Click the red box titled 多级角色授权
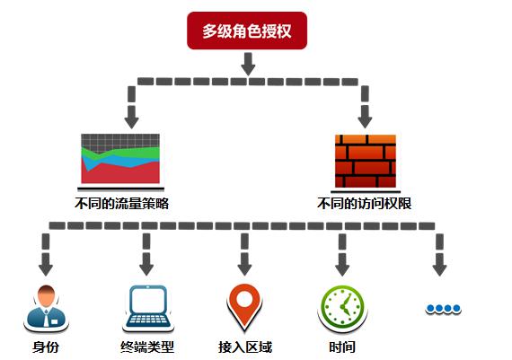click(247, 31)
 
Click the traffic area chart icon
click(120, 159)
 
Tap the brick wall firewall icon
click(366, 161)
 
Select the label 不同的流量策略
click(122, 204)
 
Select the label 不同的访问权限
click(364, 204)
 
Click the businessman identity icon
click(46, 306)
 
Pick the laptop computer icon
click(148, 306)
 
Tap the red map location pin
click(244, 306)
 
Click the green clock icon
click(342, 306)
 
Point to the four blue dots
click(444, 308)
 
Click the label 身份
click(46, 347)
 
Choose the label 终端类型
click(147, 347)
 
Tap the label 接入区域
click(245, 347)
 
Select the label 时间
click(342, 347)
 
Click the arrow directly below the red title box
click(248, 65)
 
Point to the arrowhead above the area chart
click(131, 122)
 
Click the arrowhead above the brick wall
click(365, 122)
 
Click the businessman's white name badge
click(55, 321)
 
